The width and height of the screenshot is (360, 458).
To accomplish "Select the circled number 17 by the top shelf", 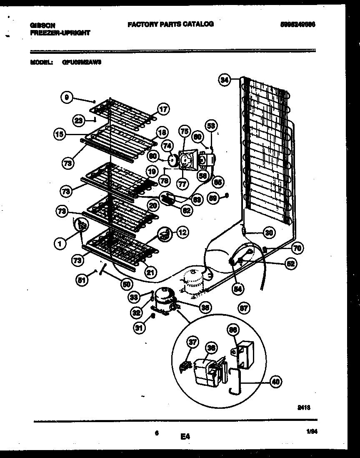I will click(163, 110).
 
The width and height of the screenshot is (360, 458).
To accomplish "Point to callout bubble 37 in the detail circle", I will click(192, 342).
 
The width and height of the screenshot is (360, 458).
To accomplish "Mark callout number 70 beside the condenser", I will click(297, 248).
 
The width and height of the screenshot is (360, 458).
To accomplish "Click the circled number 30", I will click(269, 233).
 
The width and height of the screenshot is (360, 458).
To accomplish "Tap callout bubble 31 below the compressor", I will click(139, 328).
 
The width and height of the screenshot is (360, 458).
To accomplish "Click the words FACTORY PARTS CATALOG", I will click(170, 24).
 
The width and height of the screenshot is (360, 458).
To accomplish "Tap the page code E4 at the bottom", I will click(185, 437).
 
